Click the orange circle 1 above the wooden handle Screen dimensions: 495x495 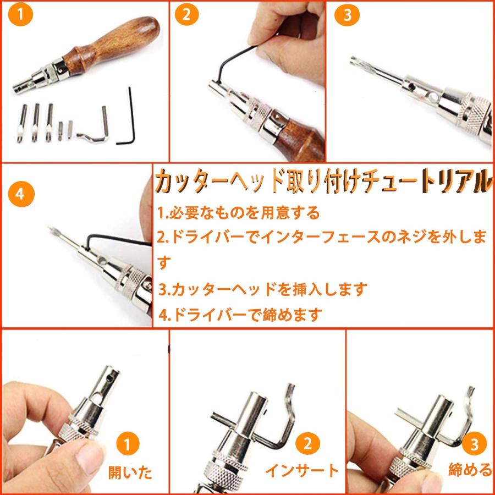point(20,14)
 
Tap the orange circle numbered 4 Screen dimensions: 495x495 point(20,194)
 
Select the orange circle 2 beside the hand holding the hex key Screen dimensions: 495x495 point(187,14)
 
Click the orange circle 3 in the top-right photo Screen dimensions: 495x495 point(347,14)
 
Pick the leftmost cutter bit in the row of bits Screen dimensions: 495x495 point(21,123)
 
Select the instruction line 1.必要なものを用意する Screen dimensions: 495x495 point(239,213)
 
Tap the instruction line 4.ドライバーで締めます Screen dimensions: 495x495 point(240,315)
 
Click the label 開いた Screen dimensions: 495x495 point(130,472)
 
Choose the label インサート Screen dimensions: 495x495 point(301,471)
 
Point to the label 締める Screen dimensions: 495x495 point(470,470)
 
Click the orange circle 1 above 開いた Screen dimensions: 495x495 point(128,444)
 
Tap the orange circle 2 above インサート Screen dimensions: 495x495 point(307,443)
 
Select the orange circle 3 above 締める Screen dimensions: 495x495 point(474,444)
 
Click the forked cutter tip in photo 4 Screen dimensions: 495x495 point(52,229)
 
